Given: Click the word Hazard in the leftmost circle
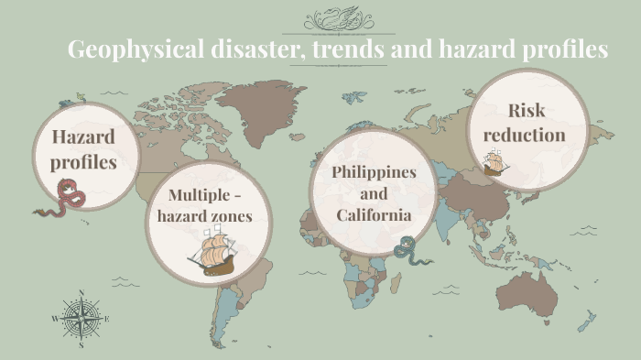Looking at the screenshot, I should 83,137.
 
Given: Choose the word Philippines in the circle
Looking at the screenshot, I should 374,172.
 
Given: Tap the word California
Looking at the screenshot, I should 374,215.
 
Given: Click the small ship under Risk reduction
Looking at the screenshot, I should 495,163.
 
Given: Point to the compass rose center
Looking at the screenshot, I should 81,319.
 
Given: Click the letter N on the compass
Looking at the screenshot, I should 81,293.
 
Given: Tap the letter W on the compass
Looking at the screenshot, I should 55,319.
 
